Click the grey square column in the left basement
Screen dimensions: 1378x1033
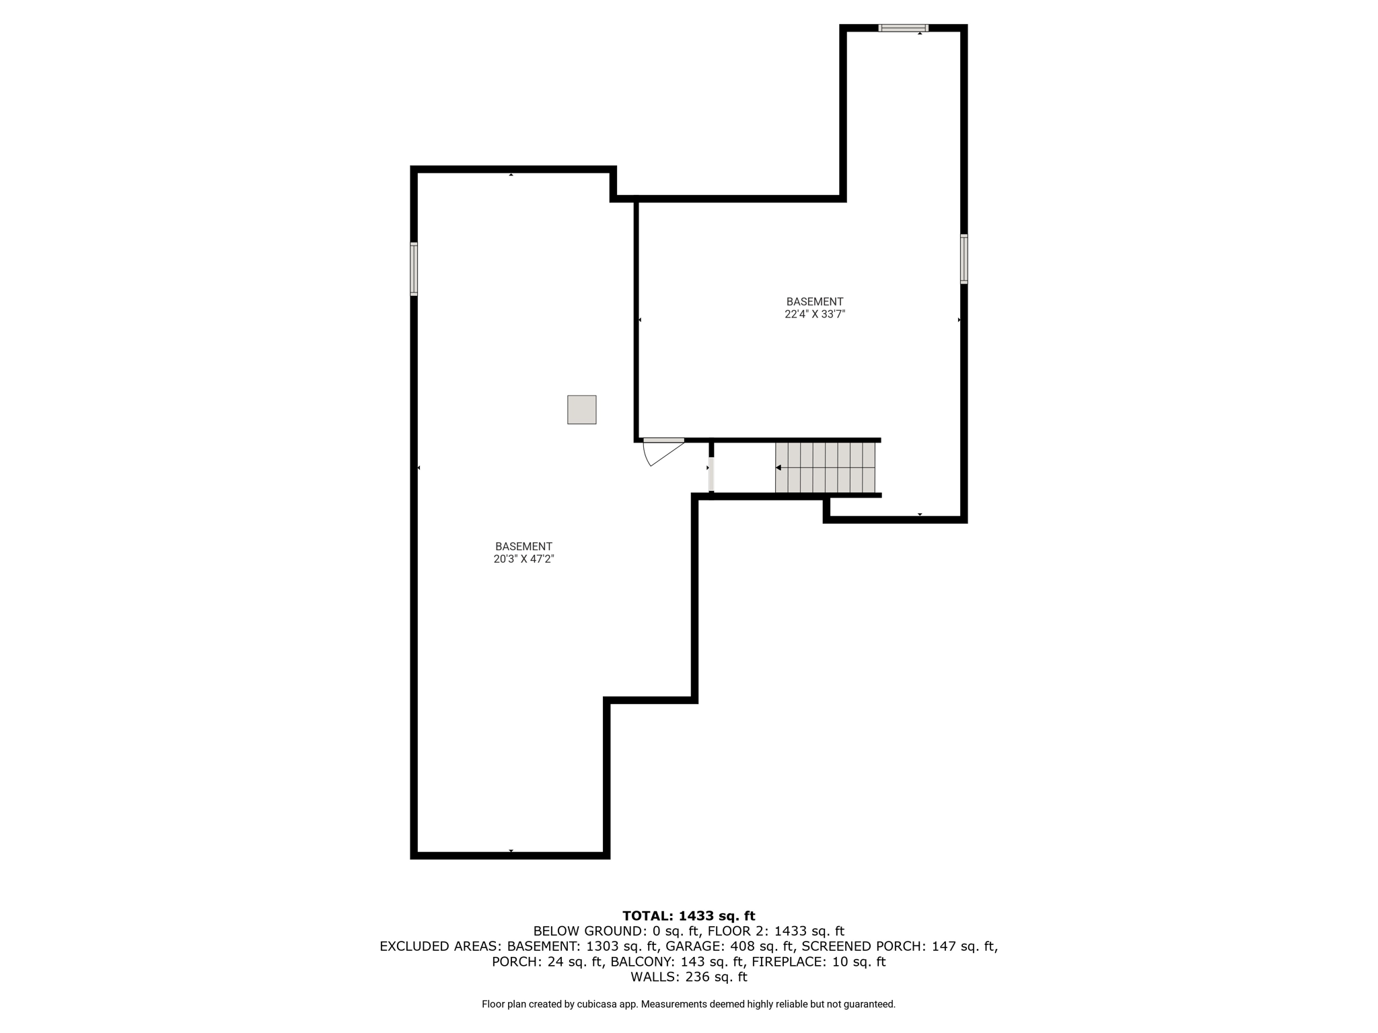(581, 410)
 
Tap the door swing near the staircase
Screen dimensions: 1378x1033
(663, 452)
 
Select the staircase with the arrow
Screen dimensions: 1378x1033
(825, 467)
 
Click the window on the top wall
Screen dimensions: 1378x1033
(903, 28)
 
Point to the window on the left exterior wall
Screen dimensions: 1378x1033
(414, 269)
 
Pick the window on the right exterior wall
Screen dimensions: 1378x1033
(964, 259)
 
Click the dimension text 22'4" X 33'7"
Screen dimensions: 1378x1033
(815, 314)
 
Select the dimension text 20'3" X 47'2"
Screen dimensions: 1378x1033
(523, 559)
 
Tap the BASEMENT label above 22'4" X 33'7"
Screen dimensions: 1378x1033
(815, 302)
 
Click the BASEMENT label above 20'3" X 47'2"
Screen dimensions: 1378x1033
(523, 547)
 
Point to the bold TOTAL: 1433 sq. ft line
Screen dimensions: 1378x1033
(689, 916)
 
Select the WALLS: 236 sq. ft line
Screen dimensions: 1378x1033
(689, 977)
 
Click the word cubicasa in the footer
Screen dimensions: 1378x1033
(597, 1004)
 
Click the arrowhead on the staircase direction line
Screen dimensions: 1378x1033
(778, 467)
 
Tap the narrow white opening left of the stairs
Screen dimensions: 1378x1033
(711, 475)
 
